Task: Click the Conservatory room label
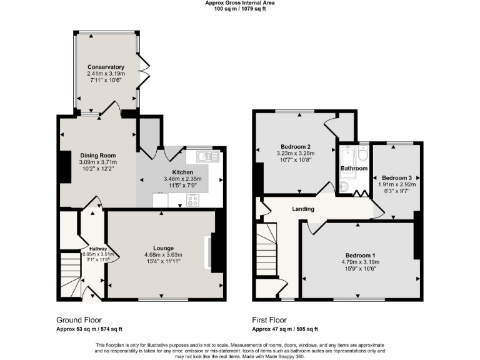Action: [x=106, y=67]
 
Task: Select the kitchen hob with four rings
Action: [x=193, y=200]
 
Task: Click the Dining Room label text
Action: [x=97, y=155]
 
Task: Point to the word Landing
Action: [x=302, y=209]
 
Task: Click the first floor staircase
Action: [x=267, y=250]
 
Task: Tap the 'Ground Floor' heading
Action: [x=79, y=319]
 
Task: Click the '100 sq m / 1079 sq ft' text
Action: [x=239, y=9]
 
